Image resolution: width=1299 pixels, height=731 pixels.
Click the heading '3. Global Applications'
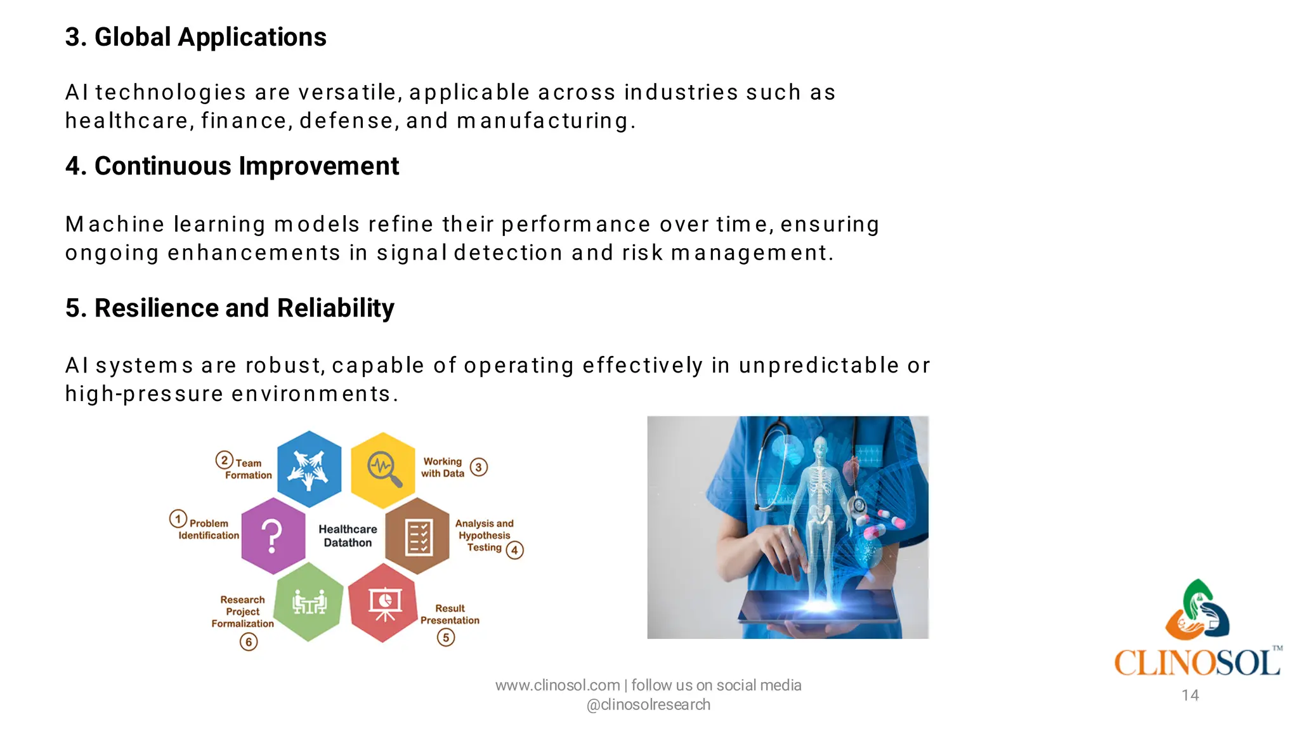click(195, 37)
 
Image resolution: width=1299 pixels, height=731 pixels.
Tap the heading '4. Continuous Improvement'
click(232, 166)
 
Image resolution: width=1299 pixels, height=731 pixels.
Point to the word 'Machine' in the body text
click(115, 224)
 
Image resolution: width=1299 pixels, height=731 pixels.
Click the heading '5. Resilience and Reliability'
click(230, 308)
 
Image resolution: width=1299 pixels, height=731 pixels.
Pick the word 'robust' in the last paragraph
click(285, 365)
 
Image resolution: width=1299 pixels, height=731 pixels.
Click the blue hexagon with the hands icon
click(309, 469)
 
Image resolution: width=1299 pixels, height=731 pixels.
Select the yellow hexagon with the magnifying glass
click(383, 470)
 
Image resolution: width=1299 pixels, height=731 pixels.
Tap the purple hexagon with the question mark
click(273, 536)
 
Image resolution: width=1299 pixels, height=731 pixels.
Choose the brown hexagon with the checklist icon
click(418, 536)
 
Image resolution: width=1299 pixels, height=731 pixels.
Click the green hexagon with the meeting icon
click(309, 602)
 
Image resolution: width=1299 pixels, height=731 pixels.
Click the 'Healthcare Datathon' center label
click(348, 536)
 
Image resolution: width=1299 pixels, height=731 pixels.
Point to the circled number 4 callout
click(515, 550)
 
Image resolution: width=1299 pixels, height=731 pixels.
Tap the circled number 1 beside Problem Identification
click(178, 519)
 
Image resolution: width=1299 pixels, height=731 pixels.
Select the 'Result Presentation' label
click(450, 614)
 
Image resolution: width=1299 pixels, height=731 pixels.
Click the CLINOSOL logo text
click(1198, 663)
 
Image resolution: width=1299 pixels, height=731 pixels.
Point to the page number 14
click(1190, 695)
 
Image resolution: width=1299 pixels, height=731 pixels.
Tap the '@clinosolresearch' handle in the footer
click(648, 705)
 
